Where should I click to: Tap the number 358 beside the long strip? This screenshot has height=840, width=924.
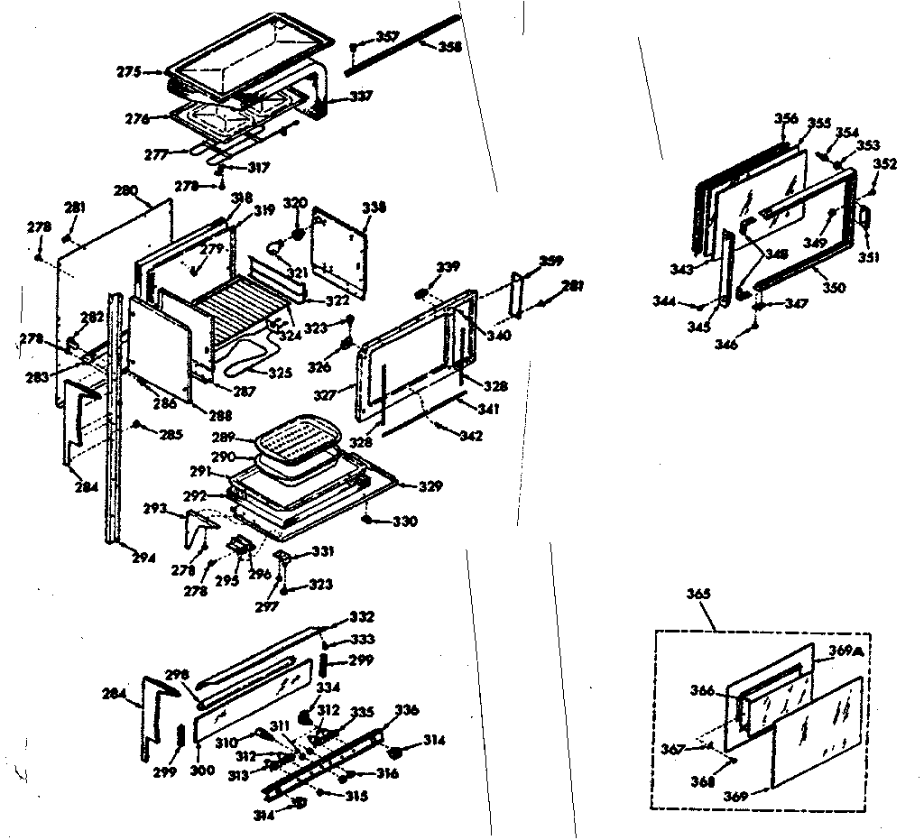449,46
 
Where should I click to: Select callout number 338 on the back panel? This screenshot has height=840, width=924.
374,208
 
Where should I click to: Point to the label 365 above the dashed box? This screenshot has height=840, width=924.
698,594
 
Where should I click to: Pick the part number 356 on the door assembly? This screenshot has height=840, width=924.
786,119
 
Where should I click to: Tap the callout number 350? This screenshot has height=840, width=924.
834,288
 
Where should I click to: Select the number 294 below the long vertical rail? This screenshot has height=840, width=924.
143,557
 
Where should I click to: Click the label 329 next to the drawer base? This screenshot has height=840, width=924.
430,486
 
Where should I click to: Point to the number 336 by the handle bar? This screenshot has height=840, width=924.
407,710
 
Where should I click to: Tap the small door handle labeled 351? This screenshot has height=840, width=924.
864,217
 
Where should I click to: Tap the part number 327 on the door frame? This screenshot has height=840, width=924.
350,393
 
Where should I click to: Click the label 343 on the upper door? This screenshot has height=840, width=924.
682,270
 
